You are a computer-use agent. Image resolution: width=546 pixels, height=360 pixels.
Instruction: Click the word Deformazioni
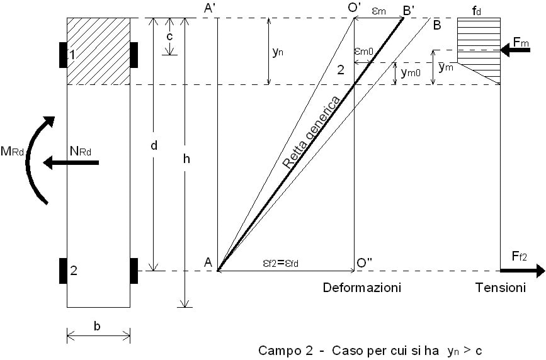point(361,288)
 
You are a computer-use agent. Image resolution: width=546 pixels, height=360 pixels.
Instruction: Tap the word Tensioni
point(500,288)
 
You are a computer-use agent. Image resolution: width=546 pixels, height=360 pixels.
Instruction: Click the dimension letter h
point(186,159)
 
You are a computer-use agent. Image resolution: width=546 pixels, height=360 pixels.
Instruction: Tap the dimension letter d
point(154,145)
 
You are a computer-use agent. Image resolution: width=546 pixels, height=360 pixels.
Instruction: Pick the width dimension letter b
point(98,325)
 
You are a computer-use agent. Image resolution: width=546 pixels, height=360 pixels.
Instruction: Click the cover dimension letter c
point(169,36)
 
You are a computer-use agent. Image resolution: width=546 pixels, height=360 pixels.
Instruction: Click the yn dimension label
point(278,53)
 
